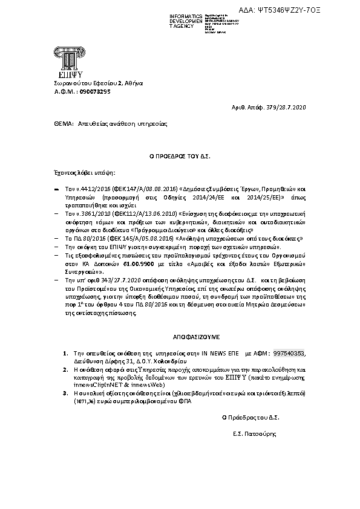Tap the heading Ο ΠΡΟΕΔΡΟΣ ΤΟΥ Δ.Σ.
click(180, 156)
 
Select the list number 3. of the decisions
click(65, 392)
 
